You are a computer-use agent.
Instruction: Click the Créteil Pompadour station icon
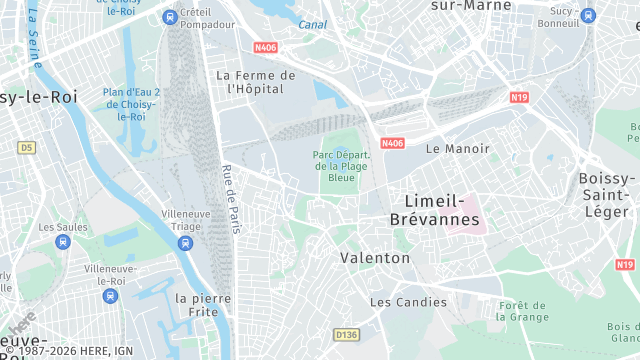(170, 17)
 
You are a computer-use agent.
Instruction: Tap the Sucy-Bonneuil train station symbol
(587, 16)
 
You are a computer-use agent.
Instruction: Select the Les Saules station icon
(63, 241)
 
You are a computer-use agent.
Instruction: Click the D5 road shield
(26, 148)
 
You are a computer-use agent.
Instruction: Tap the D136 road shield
(346, 334)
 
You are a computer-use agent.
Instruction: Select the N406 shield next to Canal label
(266, 46)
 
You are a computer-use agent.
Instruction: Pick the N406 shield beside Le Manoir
(392, 143)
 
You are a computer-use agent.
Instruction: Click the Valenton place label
(375, 258)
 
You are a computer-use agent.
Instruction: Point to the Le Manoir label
(458, 148)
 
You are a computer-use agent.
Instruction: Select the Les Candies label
(408, 302)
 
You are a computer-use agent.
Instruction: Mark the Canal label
(312, 24)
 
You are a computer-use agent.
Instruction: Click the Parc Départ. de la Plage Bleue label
(342, 166)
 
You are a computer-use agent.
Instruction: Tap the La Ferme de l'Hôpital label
(256, 81)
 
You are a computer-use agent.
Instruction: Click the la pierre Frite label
(202, 305)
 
